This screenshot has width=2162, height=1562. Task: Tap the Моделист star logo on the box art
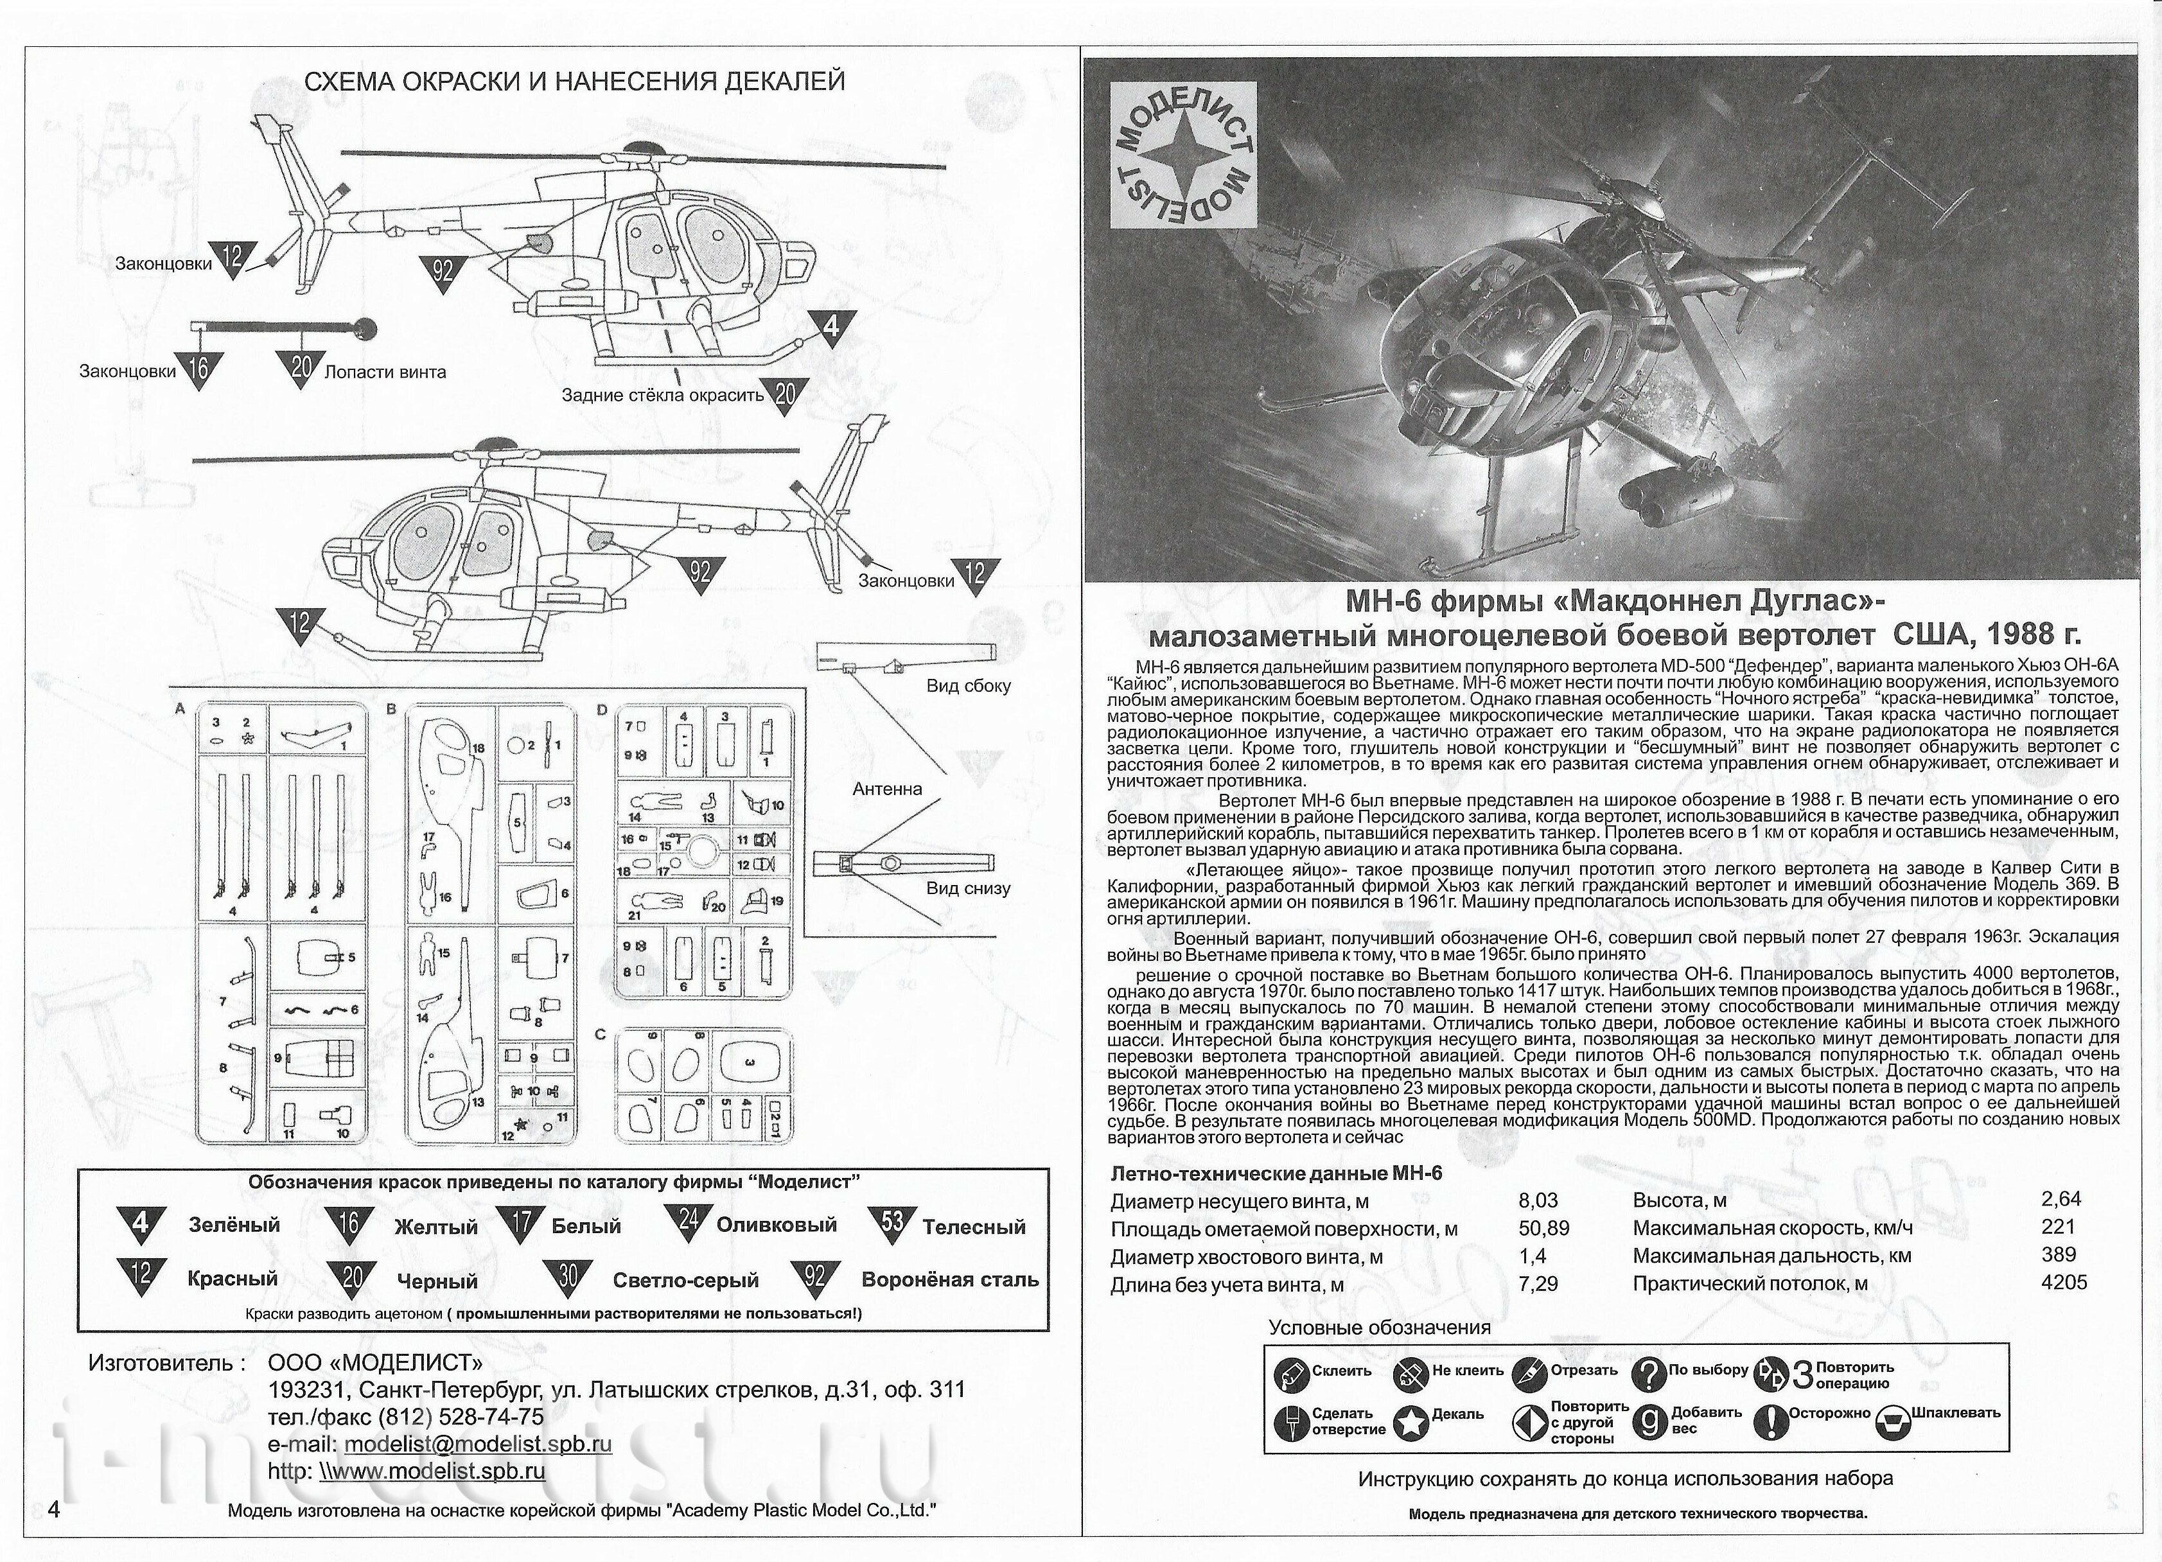(x=1184, y=155)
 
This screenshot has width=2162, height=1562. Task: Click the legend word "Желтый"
(x=435, y=1227)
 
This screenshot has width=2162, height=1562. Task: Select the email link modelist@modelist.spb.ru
(x=478, y=1444)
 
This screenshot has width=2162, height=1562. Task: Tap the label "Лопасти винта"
(x=385, y=372)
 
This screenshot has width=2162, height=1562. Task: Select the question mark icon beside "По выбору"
(x=1648, y=1373)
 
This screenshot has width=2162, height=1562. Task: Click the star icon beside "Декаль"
(x=1411, y=1422)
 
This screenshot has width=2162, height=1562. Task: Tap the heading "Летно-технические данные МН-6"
(x=1276, y=1173)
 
